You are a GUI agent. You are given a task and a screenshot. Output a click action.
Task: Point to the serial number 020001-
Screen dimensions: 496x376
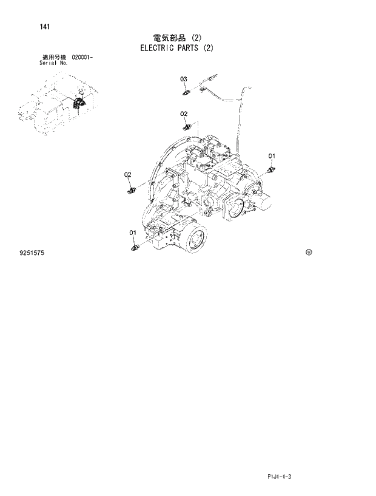click(82, 56)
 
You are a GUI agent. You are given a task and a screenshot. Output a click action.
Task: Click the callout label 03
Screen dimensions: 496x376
click(184, 79)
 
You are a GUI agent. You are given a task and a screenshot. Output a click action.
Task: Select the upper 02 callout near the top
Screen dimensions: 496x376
click(184, 114)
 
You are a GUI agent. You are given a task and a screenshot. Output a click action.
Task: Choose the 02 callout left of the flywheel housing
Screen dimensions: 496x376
click(128, 175)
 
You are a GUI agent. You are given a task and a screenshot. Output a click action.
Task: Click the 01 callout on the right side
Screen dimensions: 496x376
click(272, 155)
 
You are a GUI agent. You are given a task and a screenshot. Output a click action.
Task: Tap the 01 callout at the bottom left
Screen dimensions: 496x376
click(132, 233)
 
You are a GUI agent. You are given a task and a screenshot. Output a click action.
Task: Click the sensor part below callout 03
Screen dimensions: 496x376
click(188, 92)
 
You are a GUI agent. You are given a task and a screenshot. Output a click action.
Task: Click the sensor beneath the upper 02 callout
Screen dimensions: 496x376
click(187, 126)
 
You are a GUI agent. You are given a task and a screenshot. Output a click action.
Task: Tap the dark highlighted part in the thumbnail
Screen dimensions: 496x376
click(77, 103)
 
